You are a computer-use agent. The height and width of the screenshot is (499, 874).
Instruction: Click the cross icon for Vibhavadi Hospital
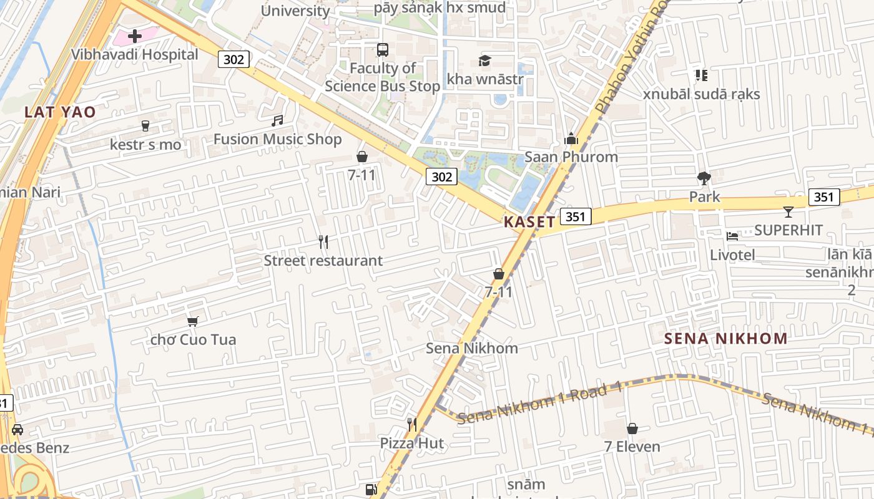coord(134,36)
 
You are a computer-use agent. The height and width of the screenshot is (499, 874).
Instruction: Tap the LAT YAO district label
coord(61,112)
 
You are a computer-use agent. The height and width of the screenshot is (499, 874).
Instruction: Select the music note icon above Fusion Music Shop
coord(277,120)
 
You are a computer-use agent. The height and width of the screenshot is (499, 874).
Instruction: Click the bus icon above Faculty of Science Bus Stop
coord(382,49)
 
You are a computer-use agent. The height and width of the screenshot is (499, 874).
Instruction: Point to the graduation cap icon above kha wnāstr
coord(484,61)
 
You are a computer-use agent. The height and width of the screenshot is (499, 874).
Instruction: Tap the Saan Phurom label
coord(571,157)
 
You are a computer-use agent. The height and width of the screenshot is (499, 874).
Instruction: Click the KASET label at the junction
coord(529,222)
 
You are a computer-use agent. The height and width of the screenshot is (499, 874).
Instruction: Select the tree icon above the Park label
coord(704,178)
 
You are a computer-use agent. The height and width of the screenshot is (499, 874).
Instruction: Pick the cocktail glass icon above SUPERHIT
coord(788,212)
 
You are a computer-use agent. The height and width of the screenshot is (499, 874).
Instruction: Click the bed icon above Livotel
coord(732,236)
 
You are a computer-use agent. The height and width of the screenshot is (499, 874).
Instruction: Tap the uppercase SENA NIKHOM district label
coord(725,339)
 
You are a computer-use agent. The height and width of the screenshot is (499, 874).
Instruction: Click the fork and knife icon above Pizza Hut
coord(411,425)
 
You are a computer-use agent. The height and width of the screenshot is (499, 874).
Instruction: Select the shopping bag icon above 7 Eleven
coord(632,429)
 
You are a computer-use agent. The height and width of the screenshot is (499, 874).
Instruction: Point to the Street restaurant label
coord(323,261)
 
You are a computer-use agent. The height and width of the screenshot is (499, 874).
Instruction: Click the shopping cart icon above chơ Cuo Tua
coord(193,321)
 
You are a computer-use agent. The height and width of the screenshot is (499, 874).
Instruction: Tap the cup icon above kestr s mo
coord(145,126)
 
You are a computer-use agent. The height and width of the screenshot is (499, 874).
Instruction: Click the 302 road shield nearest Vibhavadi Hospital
coord(234,59)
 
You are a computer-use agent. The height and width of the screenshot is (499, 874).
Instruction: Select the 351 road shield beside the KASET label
coord(575,216)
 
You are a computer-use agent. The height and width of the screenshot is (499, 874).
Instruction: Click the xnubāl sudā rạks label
coord(702,94)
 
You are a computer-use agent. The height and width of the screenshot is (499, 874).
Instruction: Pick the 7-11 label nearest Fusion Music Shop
coord(361,175)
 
